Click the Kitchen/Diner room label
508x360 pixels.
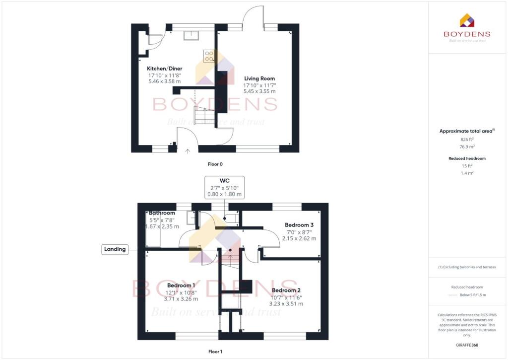(x=164, y=69)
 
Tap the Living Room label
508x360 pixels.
(x=259, y=78)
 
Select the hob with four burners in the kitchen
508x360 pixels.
(x=208, y=56)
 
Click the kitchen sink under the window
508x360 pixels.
(x=190, y=35)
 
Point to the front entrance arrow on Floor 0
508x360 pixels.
(x=188, y=150)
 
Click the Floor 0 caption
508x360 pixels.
(x=215, y=163)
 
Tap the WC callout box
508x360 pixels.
(x=224, y=187)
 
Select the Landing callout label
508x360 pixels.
(x=115, y=249)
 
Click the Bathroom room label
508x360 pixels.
(x=161, y=213)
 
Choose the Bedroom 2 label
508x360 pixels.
(x=286, y=290)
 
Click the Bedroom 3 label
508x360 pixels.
(x=299, y=225)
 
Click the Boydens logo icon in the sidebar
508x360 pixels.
(x=467, y=20)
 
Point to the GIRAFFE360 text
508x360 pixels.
(x=467, y=345)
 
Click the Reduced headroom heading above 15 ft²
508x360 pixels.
(x=467, y=158)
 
